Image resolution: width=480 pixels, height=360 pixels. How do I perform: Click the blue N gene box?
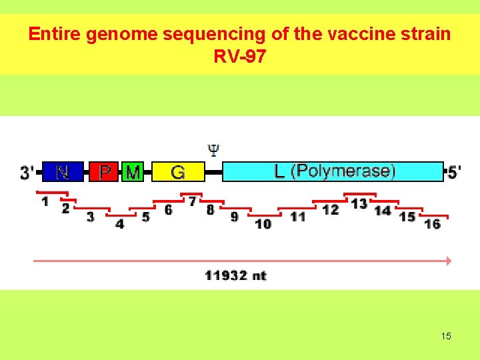(63, 171)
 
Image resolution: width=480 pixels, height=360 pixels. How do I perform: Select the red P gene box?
(104, 171)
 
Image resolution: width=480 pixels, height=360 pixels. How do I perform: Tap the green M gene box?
(133, 172)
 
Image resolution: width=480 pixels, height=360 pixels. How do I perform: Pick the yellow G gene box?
(178, 172)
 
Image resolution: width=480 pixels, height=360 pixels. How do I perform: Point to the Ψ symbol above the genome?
(213, 149)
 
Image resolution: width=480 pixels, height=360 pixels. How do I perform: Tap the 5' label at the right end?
(454, 172)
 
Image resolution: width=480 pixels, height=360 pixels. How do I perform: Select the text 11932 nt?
(235, 275)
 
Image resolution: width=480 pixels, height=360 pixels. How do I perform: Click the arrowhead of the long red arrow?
(449, 261)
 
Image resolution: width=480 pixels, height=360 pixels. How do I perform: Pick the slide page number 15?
(446, 336)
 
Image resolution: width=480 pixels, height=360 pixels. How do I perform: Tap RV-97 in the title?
(240, 56)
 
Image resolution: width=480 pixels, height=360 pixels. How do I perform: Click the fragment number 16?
(433, 224)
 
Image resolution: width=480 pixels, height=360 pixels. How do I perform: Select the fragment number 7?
(193, 201)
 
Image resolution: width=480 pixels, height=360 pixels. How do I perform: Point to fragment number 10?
(263, 224)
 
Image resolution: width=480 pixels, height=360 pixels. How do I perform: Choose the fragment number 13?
(359, 203)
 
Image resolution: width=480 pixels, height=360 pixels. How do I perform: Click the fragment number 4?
(119, 224)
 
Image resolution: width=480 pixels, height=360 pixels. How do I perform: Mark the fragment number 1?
(45, 201)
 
